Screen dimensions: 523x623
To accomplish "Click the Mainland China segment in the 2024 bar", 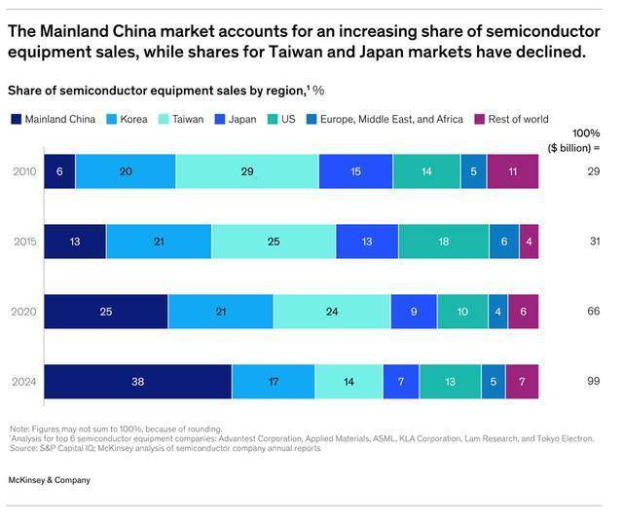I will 137,382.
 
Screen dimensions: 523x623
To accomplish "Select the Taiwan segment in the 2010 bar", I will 246,171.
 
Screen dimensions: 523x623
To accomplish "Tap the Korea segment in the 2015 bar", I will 159,242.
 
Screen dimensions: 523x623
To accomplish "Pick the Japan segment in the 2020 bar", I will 414,312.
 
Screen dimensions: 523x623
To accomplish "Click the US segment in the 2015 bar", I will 443,242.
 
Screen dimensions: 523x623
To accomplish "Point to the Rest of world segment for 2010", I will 512,171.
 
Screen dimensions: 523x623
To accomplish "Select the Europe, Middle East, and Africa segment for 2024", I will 494,382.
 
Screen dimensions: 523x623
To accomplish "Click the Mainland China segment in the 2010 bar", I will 58,171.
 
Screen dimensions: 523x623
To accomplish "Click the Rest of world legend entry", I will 510,120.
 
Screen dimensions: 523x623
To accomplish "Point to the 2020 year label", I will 23,312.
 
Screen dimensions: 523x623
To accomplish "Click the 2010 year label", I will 23,171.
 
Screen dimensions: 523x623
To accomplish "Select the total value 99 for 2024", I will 592,382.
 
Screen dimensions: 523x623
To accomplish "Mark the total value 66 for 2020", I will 592,312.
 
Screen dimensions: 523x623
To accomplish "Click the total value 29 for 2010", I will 592,171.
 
